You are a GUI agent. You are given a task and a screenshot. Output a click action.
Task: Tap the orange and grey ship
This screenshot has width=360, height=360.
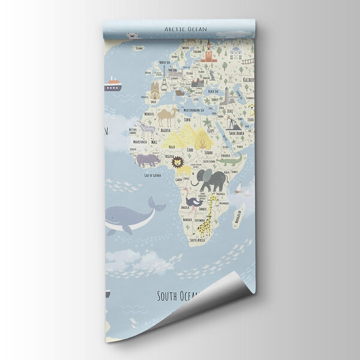[x=112, y=85]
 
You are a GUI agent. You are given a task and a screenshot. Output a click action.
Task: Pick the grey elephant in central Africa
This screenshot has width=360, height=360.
[x=211, y=179]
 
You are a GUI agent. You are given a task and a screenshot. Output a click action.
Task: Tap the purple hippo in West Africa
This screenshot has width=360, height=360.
[x=147, y=160]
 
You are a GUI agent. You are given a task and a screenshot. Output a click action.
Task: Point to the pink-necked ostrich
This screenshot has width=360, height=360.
[x=191, y=201]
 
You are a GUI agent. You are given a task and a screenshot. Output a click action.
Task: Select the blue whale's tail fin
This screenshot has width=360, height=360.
[x=157, y=205]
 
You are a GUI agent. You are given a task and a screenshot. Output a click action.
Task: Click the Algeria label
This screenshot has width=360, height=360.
[x=165, y=130]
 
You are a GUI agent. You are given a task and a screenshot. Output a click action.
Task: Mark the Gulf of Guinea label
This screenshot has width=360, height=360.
[x=152, y=175]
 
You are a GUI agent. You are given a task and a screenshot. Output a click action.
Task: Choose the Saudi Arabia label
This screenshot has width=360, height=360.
[x=236, y=133]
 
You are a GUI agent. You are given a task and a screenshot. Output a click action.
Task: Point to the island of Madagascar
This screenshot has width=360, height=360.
[x=239, y=214]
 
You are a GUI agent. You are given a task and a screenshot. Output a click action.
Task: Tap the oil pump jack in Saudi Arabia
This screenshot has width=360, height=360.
[x=233, y=124]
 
